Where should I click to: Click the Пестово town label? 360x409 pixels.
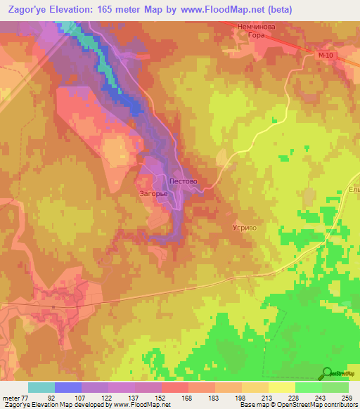tap(184, 181)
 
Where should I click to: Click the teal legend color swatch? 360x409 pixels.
tap(41, 387)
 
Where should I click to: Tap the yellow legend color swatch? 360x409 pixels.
tap(282, 387)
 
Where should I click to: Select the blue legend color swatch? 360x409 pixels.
tap(68, 387)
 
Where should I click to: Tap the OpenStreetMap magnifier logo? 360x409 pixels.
tap(327, 373)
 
